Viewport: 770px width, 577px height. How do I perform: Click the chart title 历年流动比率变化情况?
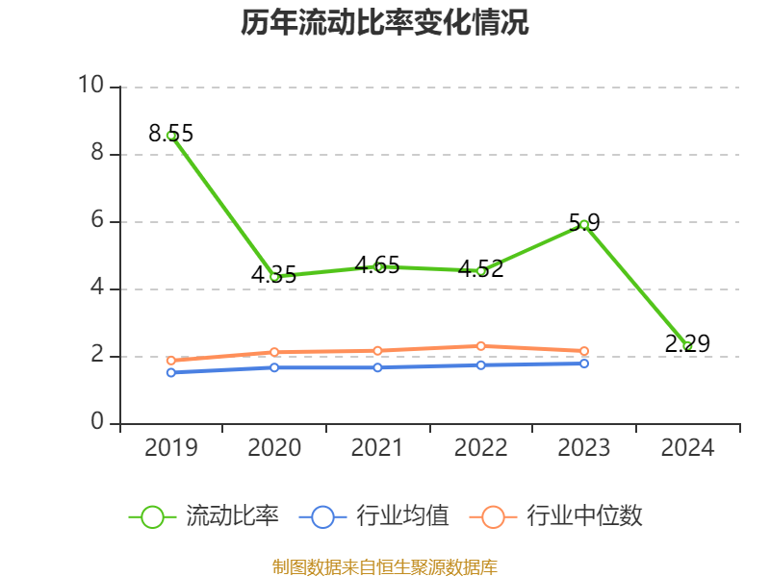385,23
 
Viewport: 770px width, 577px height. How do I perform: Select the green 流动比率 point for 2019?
171,136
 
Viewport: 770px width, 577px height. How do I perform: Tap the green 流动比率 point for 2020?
274,277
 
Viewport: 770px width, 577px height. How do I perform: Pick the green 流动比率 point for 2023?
584,224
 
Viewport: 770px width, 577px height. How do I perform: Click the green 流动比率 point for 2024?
687,346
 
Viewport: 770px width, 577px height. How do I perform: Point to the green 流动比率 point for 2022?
481,271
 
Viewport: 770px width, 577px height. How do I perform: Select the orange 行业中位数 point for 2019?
171,361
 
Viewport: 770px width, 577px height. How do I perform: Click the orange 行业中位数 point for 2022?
481,346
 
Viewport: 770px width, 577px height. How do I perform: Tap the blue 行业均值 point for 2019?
171,372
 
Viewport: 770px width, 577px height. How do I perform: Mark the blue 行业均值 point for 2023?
584,364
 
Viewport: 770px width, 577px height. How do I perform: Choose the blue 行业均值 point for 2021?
377,367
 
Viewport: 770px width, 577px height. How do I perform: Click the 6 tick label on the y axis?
97,220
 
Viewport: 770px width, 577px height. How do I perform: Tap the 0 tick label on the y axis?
97,422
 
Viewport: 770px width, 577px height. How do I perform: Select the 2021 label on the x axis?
377,448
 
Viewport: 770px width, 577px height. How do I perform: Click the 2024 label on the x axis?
687,448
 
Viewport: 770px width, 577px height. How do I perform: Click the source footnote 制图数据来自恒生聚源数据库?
385,566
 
